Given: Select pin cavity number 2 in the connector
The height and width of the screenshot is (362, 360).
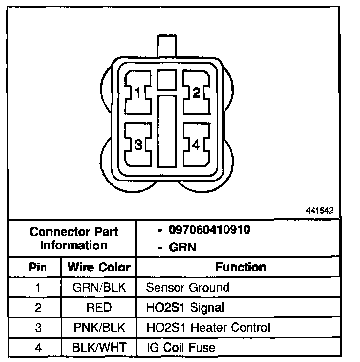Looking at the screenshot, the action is tap(197, 92).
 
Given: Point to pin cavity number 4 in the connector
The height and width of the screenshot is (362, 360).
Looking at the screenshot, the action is tap(197, 145).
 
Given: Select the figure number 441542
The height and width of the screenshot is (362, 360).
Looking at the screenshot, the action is tap(319, 211).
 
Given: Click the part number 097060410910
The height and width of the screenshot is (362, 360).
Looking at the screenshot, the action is tap(210, 230).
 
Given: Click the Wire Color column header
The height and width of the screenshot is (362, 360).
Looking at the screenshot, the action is tap(99, 267).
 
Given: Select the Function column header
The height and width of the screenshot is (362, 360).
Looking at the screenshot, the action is tap(241, 267).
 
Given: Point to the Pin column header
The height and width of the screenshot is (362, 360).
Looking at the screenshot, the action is tap(38, 267).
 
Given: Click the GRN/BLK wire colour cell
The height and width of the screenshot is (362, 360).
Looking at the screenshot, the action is tap(99, 287).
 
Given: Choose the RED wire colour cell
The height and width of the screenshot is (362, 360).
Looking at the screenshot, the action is tap(99, 308).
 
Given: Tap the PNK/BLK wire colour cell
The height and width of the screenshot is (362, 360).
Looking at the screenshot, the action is tap(99, 328).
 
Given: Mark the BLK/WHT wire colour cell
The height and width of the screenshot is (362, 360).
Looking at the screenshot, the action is tap(99, 348).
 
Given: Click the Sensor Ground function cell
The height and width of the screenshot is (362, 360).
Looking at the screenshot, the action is tap(187, 287).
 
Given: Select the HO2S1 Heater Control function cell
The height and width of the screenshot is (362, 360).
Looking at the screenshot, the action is tap(208, 328).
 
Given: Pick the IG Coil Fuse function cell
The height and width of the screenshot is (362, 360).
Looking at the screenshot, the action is tap(181, 348).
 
